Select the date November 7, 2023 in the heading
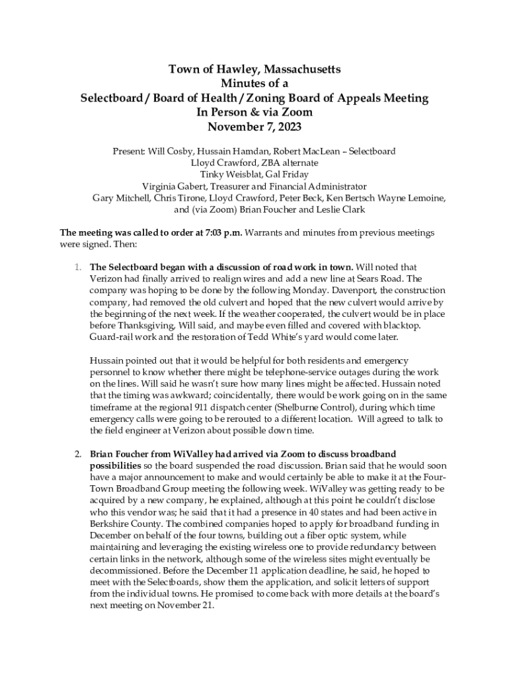point(255,127)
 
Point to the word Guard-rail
point(110,336)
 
